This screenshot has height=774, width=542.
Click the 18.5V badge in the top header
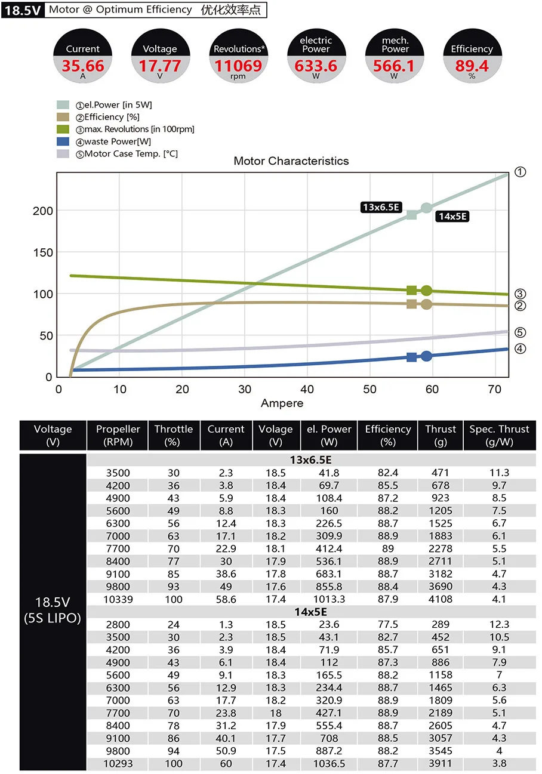point(23,10)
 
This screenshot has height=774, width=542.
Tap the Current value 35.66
point(82,65)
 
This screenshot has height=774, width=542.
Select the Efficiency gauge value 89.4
point(472,65)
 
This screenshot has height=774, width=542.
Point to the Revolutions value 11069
point(238,65)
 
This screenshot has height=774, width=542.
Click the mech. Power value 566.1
point(394,65)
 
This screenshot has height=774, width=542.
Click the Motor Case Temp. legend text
point(131,154)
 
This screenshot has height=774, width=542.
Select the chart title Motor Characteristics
point(291,161)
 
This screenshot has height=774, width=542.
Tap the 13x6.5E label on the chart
point(380,207)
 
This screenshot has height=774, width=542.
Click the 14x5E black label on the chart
point(452,216)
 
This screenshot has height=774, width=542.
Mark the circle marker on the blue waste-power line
point(426,356)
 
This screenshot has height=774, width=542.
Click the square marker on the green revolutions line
point(411,291)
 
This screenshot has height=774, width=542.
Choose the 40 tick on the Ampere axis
point(307,390)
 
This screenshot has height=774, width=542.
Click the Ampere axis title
point(282,403)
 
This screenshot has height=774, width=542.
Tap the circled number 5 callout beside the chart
point(520,332)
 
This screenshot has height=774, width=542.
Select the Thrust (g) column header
point(441,436)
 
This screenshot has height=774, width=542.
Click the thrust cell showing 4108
point(441,599)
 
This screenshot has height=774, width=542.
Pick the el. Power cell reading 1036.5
point(329,763)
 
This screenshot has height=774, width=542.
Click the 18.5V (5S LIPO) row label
point(53,610)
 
